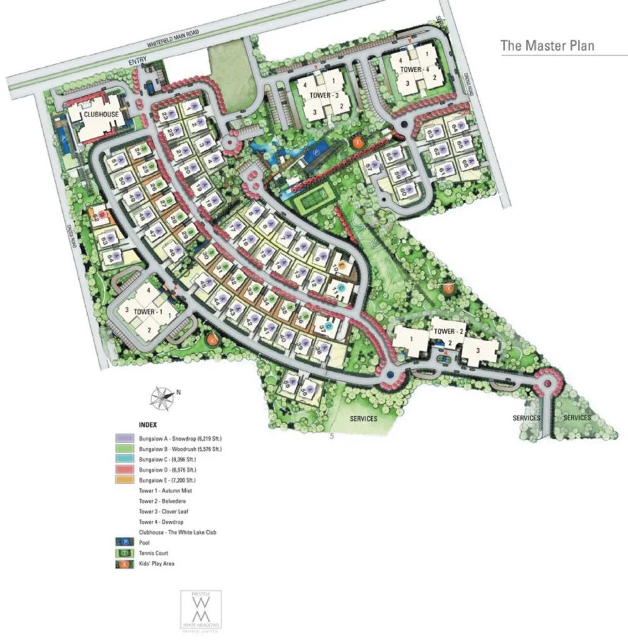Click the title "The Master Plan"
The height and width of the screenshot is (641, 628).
(547, 46)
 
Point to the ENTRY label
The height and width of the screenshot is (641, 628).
(136, 63)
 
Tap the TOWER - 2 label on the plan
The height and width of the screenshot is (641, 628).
(449, 331)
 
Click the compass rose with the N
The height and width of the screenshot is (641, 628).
(162, 397)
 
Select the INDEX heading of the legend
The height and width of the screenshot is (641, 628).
(148, 424)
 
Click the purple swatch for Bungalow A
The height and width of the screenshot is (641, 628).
(125, 439)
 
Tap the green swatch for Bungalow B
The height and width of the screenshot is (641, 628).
(125, 449)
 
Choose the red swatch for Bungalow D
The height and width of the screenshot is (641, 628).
(125, 469)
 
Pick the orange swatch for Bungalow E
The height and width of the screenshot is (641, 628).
(125, 479)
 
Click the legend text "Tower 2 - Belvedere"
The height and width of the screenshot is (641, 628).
(162, 501)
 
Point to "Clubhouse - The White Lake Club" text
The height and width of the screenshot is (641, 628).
(178, 532)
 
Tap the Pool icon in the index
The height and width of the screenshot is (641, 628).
(125, 542)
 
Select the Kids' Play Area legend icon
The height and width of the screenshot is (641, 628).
(125, 563)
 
